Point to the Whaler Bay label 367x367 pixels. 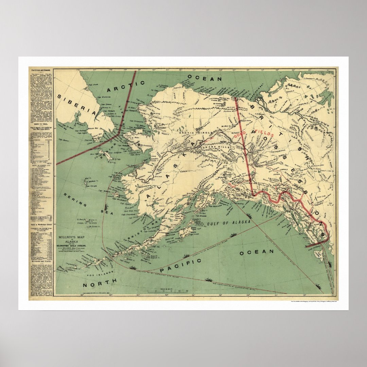(91, 129)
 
